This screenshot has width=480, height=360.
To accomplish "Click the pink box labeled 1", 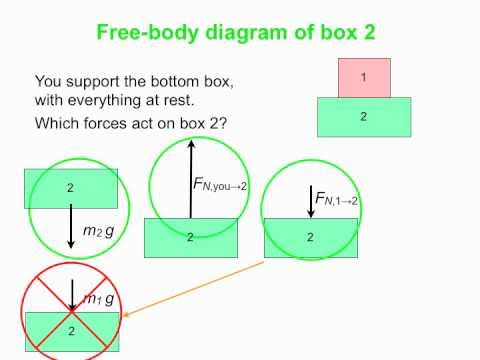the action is click(363, 78).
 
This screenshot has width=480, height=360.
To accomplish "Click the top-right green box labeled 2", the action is click(363, 116).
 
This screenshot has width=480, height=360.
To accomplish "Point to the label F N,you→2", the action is click(219, 184).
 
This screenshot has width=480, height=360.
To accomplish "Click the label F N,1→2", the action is click(337, 200).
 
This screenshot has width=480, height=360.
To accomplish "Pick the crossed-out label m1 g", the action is click(97, 299).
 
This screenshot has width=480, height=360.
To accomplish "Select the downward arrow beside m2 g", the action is click(70, 226).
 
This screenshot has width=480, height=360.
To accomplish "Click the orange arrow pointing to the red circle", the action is click(200, 285).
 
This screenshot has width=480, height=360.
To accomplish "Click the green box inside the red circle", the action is click(72, 331).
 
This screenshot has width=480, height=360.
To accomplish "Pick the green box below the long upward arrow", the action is click(190, 238).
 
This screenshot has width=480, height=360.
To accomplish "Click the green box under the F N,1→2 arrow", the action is click(310, 237).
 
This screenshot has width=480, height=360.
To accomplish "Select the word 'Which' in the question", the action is click(58, 124).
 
